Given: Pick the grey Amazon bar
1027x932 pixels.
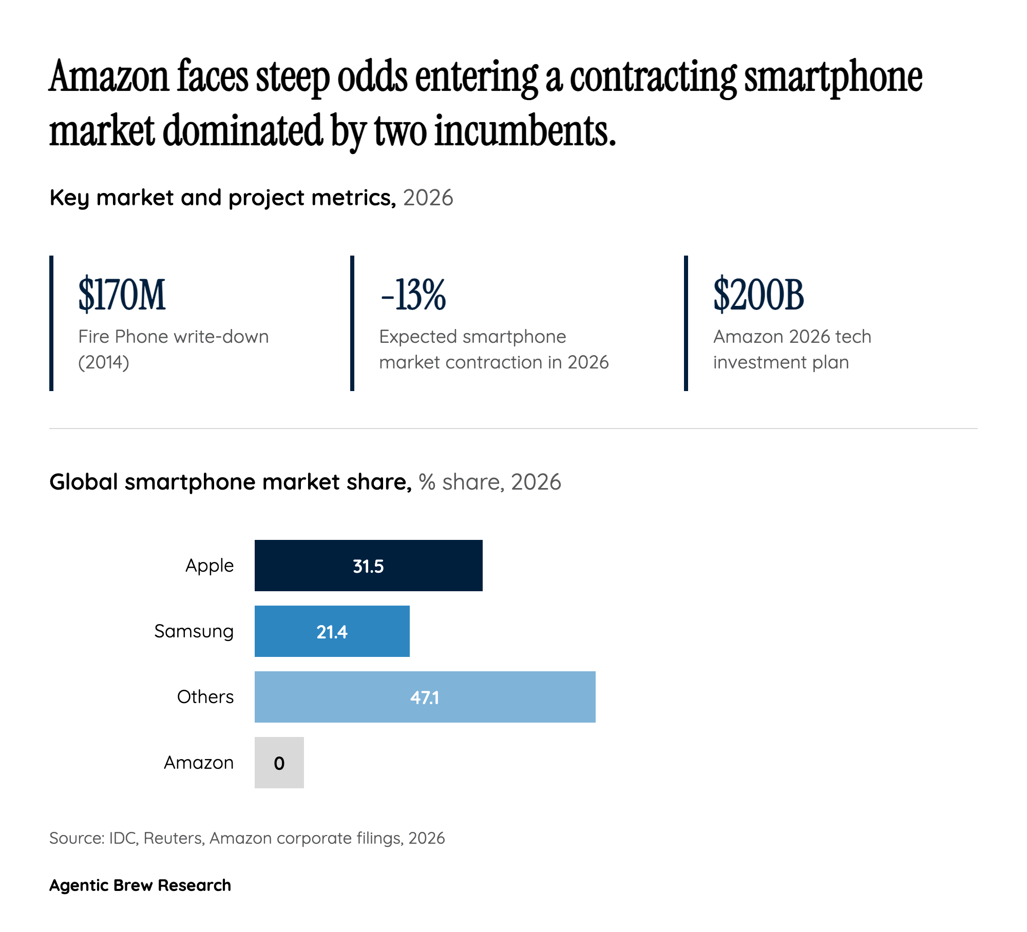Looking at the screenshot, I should [x=279, y=762].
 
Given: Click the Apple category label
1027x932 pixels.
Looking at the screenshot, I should [x=210, y=566].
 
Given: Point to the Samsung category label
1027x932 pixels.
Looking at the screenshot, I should [x=194, y=631].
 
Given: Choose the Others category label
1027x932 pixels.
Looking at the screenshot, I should [x=205, y=697].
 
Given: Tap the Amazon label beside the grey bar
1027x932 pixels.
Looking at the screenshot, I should [x=199, y=763].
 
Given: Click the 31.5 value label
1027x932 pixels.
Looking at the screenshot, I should [x=368, y=566].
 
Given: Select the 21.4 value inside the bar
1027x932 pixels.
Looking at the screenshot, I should [x=332, y=632].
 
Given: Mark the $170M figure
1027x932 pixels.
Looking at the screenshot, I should [x=122, y=295].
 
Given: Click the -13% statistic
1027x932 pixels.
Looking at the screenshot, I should [x=413, y=295].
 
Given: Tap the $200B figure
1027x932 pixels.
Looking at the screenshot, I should [x=758, y=295].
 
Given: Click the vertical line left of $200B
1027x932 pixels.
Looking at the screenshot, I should [x=686, y=323].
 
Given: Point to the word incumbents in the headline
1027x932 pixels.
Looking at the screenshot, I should [x=525, y=131].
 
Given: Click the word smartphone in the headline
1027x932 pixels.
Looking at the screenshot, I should [x=833, y=77].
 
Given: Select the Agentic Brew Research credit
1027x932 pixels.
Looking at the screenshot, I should [x=140, y=885].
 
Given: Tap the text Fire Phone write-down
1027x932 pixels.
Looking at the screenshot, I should [x=174, y=337].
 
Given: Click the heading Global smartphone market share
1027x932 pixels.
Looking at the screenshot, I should [x=231, y=482].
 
